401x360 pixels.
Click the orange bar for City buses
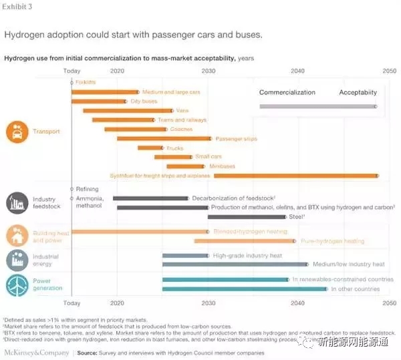pyautogui.click(x=98, y=102)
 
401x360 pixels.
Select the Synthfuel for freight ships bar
pyautogui.click(x=295, y=176)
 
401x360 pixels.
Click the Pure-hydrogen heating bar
pyautogui.click(x=244, y=241)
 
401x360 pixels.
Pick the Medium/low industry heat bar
pyautogui.click(x=235, y=264)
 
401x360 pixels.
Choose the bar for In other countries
pyautogui.click(x=245, y=289)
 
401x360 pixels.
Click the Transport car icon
pyautogui.click(x=17, y=132)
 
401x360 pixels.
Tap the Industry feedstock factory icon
pyautogui.click(x=17, y=202)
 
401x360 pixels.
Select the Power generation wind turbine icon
pyautogui.click(x=17, y=285)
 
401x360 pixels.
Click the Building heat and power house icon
pyautogui.click(x=17, y=236)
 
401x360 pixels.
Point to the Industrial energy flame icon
pyautogui.click(x=17, y=260)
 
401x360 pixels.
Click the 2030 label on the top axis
pyautogui.click(x=209, y=71)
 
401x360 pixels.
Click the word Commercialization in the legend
pyautogui.click(x=287, y=92)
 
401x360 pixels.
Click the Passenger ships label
pyautogui.click(x=236, y=138)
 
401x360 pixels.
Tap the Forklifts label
pyautogui.click(x=86, y=81)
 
